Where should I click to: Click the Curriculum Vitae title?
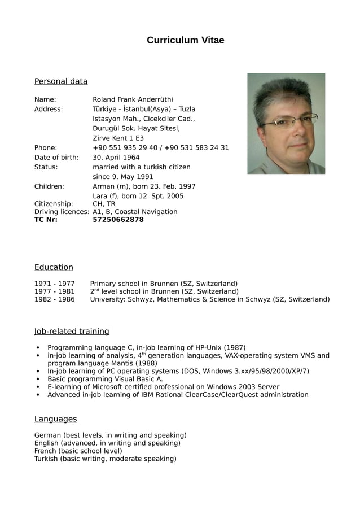point(185,40)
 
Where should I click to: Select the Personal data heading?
point(61,81)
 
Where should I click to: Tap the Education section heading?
point(54,267)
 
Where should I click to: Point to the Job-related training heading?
point(72,331)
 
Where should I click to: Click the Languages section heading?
point(55,419)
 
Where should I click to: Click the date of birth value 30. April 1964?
point(116,158)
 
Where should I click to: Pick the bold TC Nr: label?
point(46,220)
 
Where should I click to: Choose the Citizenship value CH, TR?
point(104,204)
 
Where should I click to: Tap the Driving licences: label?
point(62,212)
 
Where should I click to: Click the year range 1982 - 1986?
point(54,299)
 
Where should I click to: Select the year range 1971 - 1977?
point(54,284)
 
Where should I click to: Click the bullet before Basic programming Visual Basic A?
point(37,380)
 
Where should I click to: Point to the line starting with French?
point(78,451)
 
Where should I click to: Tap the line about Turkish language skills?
point(105,459)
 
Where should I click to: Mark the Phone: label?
point(46,148)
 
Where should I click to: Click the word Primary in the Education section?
point(103,284)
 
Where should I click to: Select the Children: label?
point(49,186)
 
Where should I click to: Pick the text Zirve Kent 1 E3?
point(118,138)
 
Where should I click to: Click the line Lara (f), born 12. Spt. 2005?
point(138,196)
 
